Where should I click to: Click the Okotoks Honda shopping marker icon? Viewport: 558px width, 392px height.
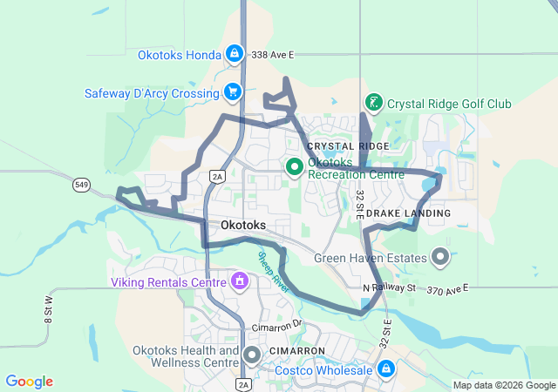[x=234, y=54]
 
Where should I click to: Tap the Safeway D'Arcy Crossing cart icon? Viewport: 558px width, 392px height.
[x=232, y=91]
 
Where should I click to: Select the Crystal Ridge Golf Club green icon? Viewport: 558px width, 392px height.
[x=374, y=103]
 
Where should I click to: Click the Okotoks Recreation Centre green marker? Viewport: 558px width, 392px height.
[x=294, y=166]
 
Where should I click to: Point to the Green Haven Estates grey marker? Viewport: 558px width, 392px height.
[x=440, y=257]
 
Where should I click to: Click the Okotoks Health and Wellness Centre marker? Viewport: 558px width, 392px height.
[x=253, y=355]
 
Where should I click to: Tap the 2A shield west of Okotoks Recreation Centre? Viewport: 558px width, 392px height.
[x=217, y=176]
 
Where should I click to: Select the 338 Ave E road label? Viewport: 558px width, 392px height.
[x=273, y=54]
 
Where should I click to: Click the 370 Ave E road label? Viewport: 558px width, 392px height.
[x=447, y=287]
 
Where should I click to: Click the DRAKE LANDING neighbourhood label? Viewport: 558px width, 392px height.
[x=408, y=213]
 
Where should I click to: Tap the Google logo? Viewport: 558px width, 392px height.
[x=29, y=382]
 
